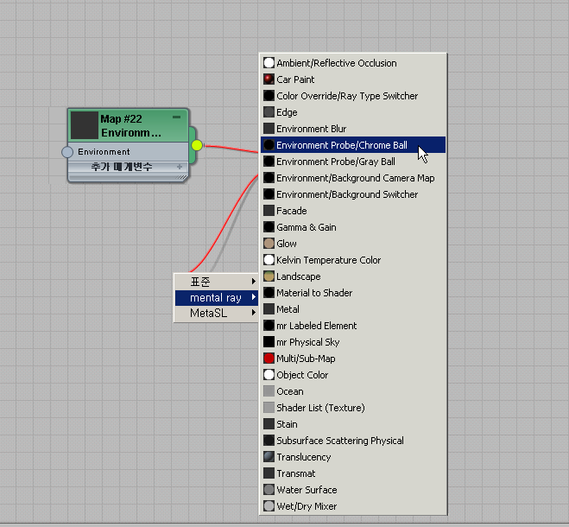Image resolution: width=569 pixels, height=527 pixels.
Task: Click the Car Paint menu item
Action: click(295, 79)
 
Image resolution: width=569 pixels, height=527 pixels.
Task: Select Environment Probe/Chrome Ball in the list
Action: click(341, 145)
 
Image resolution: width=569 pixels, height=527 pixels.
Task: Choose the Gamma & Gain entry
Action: click(306, 227)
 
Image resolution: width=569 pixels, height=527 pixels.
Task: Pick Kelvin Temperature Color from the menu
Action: click(328, 260)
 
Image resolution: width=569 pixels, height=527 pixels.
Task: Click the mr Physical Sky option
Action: click(307, 342)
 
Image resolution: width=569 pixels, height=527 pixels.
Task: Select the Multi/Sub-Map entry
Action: click(306, 359)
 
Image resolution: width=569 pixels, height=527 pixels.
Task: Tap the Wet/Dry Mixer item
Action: click(307, 506)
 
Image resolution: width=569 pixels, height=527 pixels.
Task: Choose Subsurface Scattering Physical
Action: click(339, 441)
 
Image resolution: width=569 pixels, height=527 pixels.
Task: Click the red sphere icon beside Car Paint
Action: click(269, 79)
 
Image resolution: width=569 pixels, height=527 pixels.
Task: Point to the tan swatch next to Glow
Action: click(269, 244)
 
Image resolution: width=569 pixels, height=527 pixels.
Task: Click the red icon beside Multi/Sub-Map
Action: click(269, 359)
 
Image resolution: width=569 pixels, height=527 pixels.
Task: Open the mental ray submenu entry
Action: click(216, 298)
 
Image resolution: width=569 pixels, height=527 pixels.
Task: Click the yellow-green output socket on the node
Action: click(197, 145)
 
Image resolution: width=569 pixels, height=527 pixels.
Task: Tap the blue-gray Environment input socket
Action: click(67, 152)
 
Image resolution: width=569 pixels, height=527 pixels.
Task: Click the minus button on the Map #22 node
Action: click(177, 117)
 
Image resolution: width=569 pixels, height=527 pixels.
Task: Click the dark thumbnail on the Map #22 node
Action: click(85, 125)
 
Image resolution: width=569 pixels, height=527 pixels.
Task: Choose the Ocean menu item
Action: click(289, 391)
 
